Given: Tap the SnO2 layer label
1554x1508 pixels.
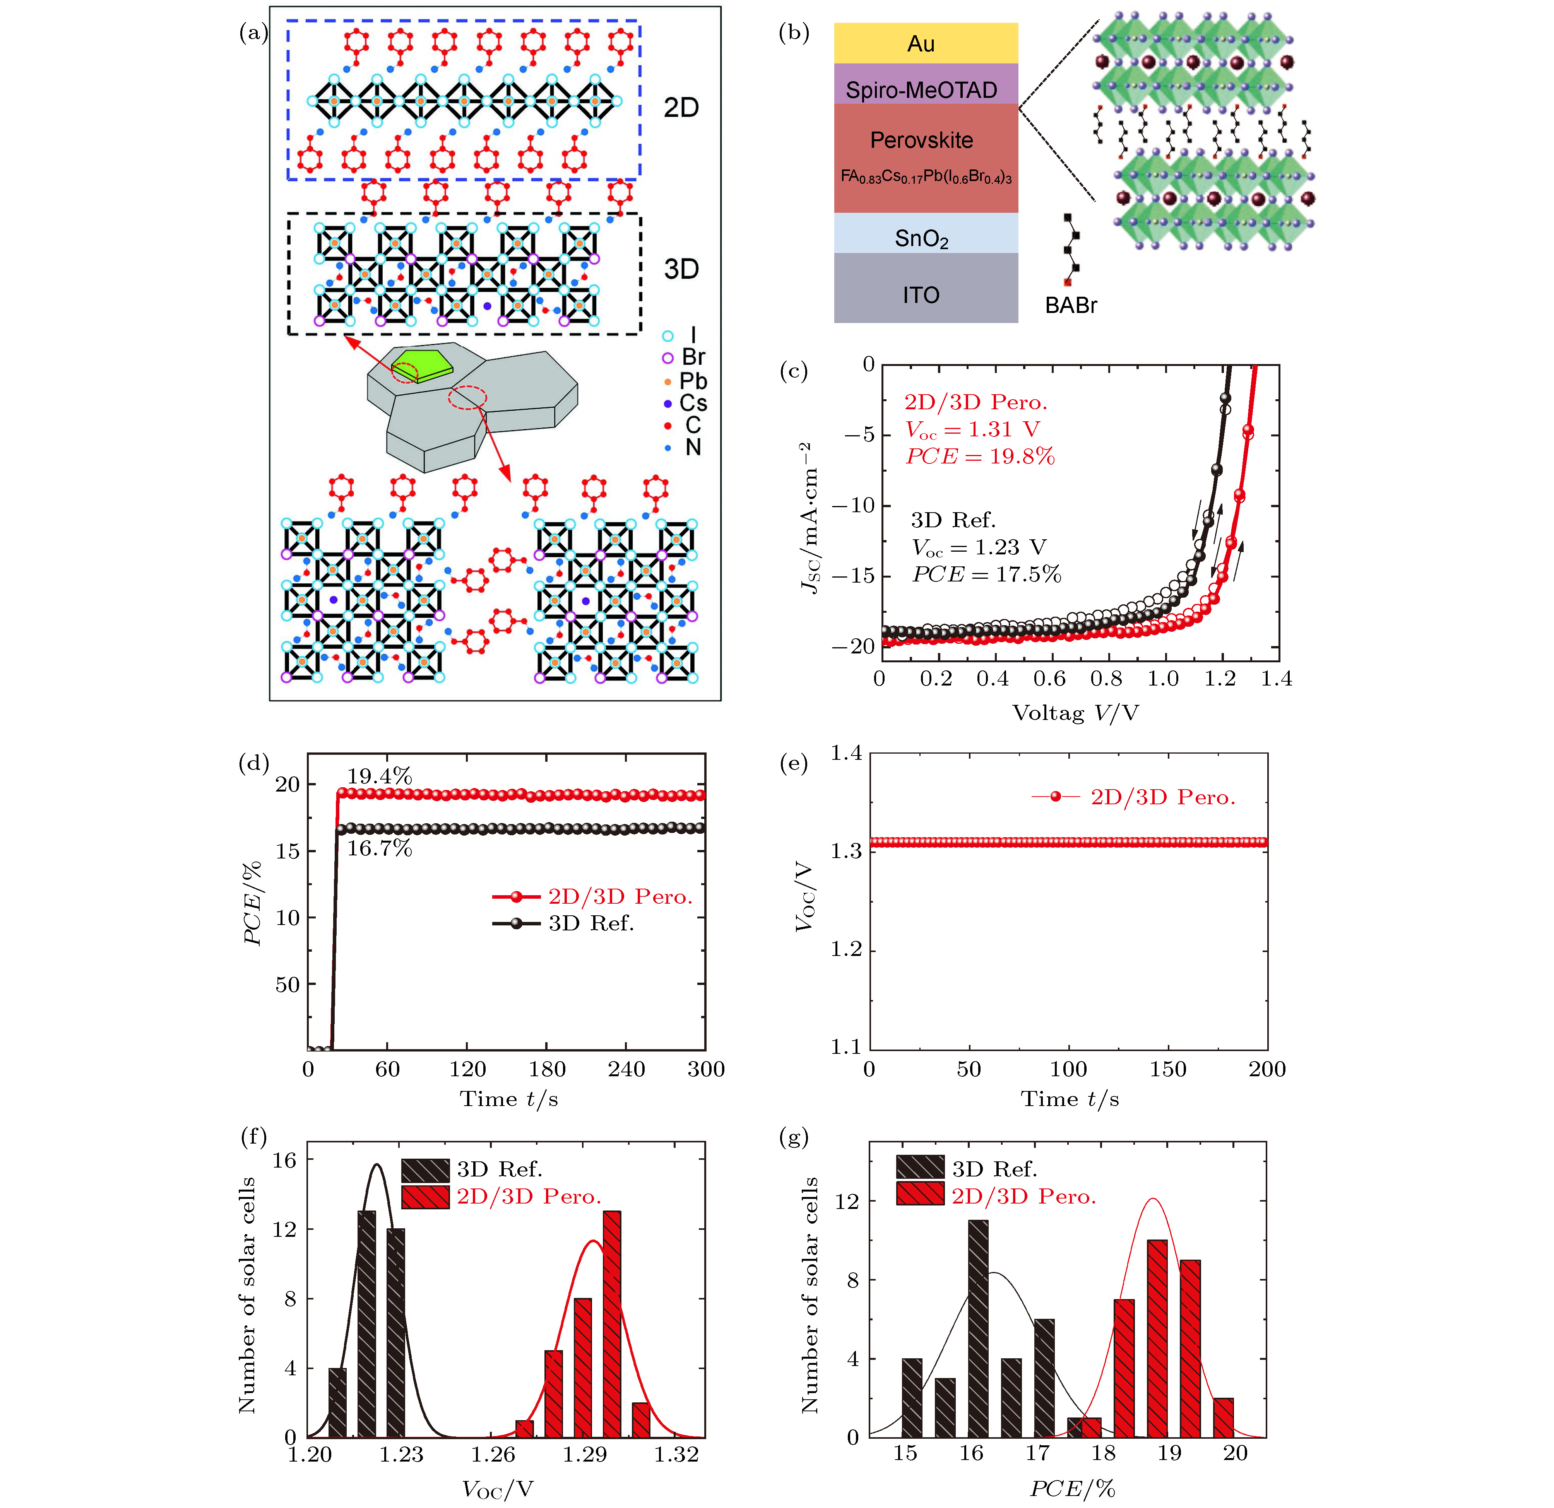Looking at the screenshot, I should point(921,238).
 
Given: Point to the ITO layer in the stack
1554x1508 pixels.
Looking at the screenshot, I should point(921,295).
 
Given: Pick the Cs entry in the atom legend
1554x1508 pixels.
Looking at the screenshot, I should point(691,404).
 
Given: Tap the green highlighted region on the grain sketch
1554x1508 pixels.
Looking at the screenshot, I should point(422,365).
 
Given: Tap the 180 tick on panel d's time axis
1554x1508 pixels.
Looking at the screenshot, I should point(547,1070).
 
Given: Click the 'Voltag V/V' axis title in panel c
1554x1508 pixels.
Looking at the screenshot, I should point(1075,713).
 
